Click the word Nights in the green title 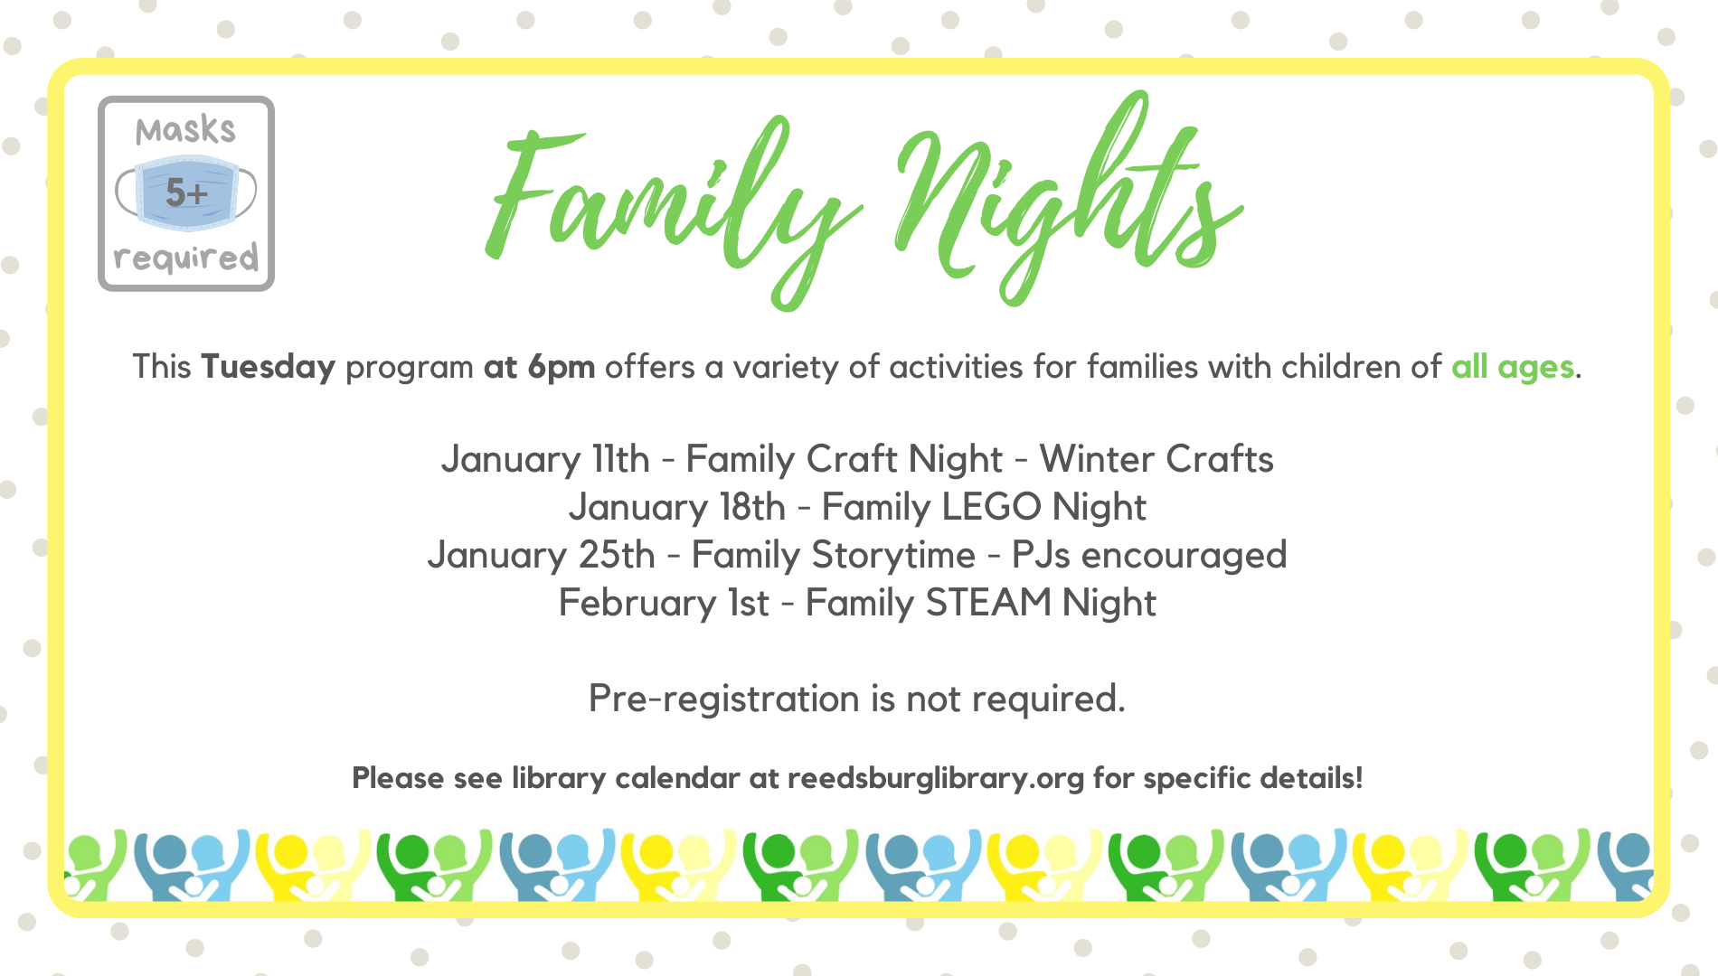pyautogui.click(x=1067, y=199)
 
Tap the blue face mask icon pyautogui.click(x=186, y=192)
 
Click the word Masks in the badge pyautogui.click(x=185, y=131)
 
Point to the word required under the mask pyautogui.click(x=186, y=258)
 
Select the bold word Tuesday pyautogui.click(x=269, y=368)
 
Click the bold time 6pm pyautogui.click(x=562, y=368)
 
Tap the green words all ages pyautogui.click(x=1513, y=368)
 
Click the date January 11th pyautogui.click(x=545, y=459)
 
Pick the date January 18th pyautogui.click(x=677, y=507)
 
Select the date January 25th pyautogui.click(x=542, y=555)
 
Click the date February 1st pyautogui.click(x=664, y=603)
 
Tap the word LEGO pyautogui.click(x=992, y=507)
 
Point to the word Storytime pyautogui.click(x=893, y=555)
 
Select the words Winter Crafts pyautogui.click(x=1156, y=459)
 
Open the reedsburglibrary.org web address pyautogui.click(x=936, y=778)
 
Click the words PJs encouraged pyautogui.click(x=1149, y=555)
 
